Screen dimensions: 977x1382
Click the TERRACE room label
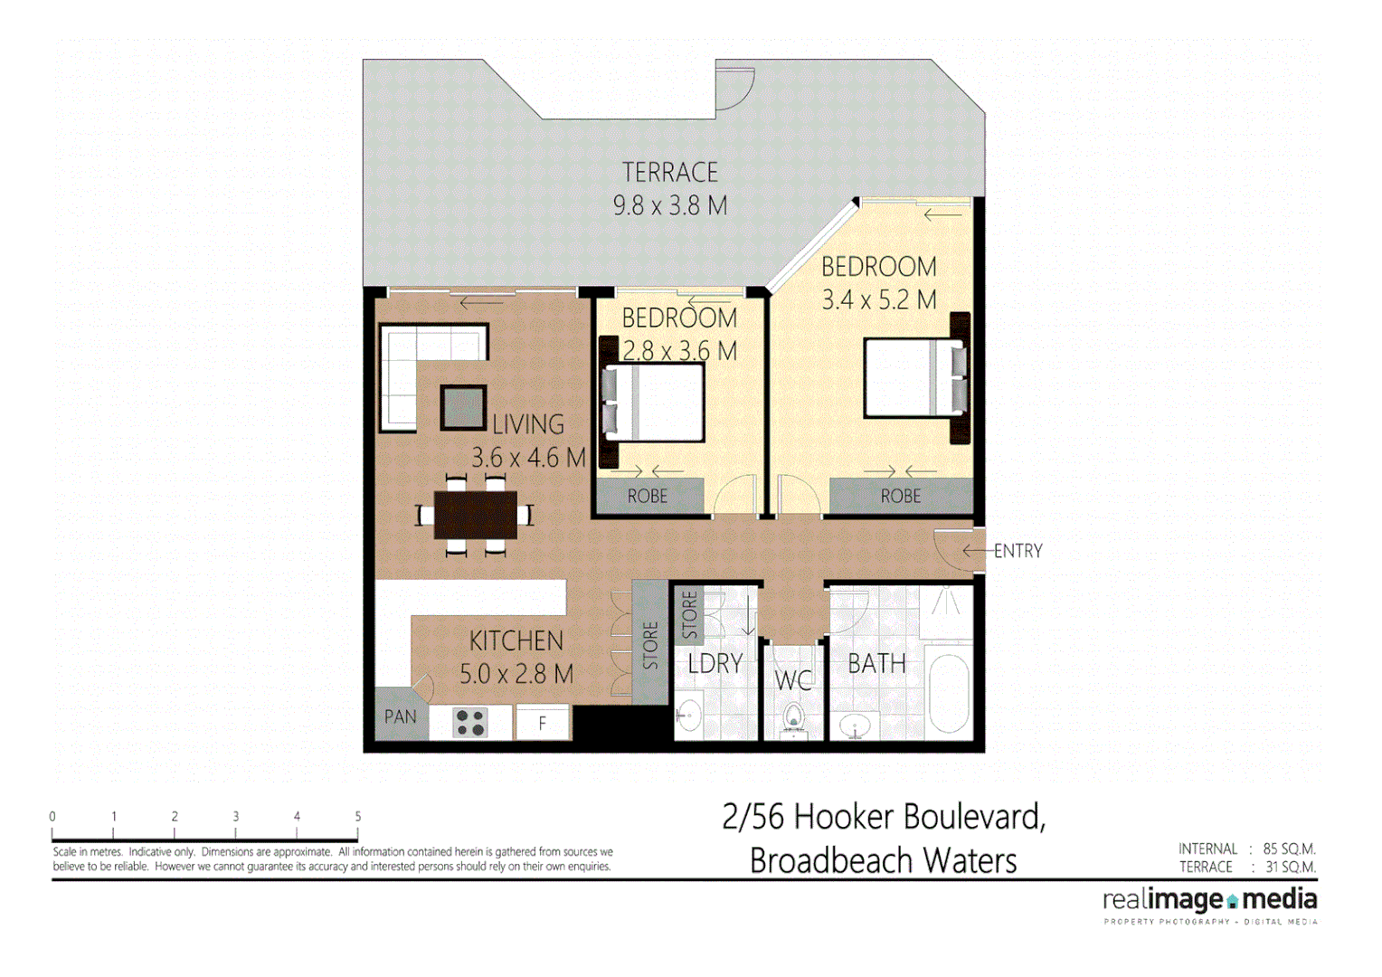pyautogui.click(x=669, y=172)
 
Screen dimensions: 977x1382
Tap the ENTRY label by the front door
pyautogui.click(x=1018, y=551)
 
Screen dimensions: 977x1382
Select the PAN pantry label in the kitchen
pyautogui.click(x=401, y=717)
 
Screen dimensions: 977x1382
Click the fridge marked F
pyautogui.click(x=543, y=723)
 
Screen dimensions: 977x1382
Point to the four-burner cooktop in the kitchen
pyautogui.click(x=470, y=723)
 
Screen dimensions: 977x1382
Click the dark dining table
pyautogui.click(x=475, y=515)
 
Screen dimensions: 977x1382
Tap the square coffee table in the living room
pyautogui.click(x=463, y=407)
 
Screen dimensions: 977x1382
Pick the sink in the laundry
pyautogui.click(x=690, y=715)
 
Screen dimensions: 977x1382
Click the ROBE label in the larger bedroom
pyautogui.click(x=901, y=497)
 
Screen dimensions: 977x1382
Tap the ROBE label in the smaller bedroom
pyautogui.click(x=648, y=497)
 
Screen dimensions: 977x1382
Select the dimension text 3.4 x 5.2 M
pyautogui.click(x=878, y=300)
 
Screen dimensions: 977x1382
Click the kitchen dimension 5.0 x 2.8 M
pyautogui.click(x=516, y=675)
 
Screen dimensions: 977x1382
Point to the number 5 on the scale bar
pyautogui.click(x=358, y=816)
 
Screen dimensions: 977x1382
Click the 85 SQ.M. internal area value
pyautogui.click(x=1289, y=849)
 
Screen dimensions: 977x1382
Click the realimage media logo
pyautogui.click(x=1209, y=900)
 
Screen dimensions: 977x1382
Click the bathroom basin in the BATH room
pyautogui.click(x=855, y=725)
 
